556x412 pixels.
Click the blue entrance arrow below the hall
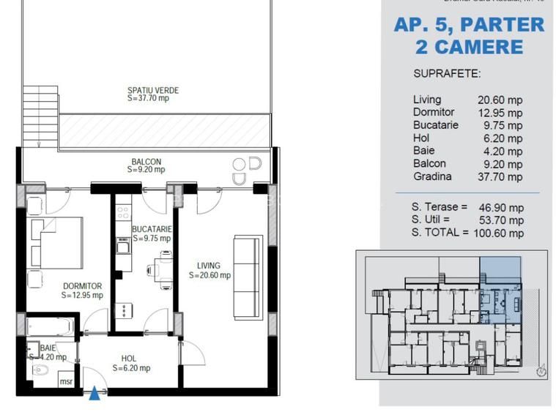coord(94,394)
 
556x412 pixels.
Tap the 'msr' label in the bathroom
coord(66,381)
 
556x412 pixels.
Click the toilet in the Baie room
coord(40,372)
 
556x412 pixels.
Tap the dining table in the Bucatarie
coord(162,269)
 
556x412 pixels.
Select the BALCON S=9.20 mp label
coord(147,166)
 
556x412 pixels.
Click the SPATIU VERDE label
coord(152,94)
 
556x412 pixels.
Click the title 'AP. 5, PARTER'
coord(469,25)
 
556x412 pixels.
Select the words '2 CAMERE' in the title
coord(469,48)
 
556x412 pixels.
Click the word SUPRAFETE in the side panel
coord(447,74)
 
